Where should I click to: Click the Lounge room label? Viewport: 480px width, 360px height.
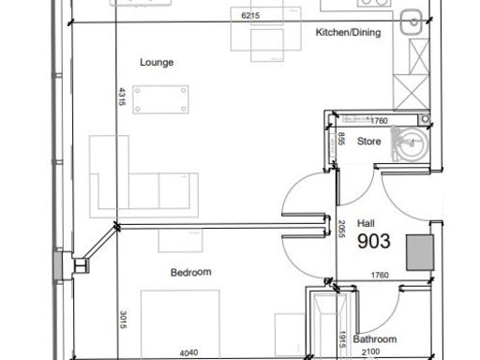(157, 64)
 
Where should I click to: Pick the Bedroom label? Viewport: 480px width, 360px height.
(190, 273)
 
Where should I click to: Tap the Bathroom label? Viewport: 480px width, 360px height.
(374, 338)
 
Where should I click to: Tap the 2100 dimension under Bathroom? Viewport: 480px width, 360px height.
(372, 353)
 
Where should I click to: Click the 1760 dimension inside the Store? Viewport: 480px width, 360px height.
(379, 121)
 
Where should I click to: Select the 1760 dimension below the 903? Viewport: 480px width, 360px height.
(379, 275)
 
